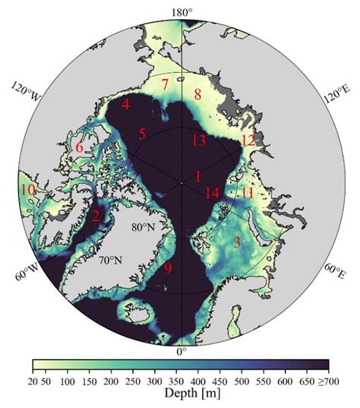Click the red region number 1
[197, 176]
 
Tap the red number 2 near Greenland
[95, 217]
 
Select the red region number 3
[237, 242]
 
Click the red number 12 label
[248, 141]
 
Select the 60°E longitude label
[337, 271]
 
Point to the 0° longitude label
[181, 352]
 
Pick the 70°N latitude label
[111, 260]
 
